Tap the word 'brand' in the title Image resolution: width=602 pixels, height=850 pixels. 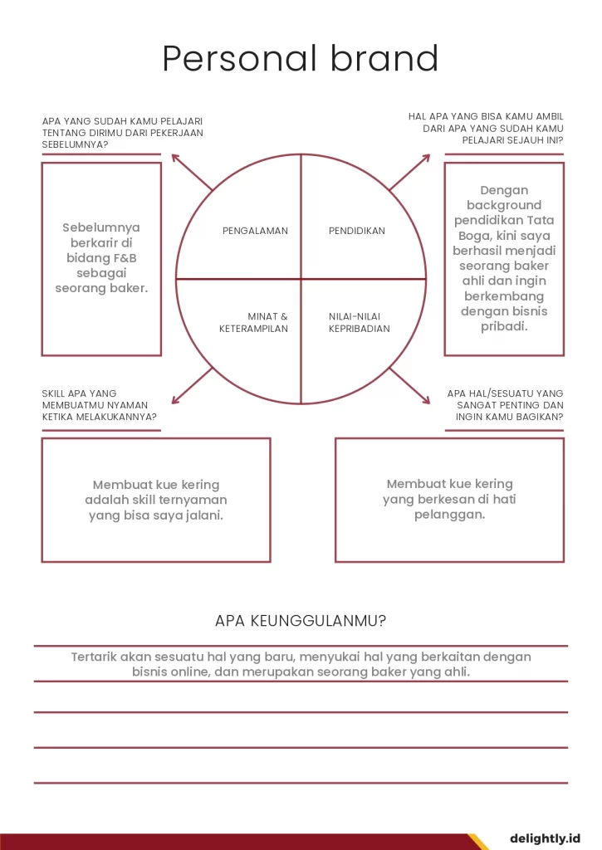(384, 59)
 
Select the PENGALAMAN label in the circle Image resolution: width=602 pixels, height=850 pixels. (255, 231)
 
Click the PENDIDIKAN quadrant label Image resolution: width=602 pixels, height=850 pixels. (357, 231)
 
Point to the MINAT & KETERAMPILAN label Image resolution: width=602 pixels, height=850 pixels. (254, 322)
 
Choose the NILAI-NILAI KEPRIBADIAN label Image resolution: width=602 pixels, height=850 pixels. (359, 322)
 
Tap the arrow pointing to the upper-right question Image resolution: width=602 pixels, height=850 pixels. (410, 172)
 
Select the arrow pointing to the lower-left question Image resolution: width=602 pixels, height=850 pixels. (192, 386)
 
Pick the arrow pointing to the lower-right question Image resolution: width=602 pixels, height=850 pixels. (410, 386)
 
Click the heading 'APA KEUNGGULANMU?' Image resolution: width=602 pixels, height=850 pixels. (301, 620)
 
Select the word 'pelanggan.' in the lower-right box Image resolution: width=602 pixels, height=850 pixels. (449, 515)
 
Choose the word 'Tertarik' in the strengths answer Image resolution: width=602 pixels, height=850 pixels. (94, 657)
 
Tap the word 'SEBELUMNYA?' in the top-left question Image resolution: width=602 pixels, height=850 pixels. (76, 144)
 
